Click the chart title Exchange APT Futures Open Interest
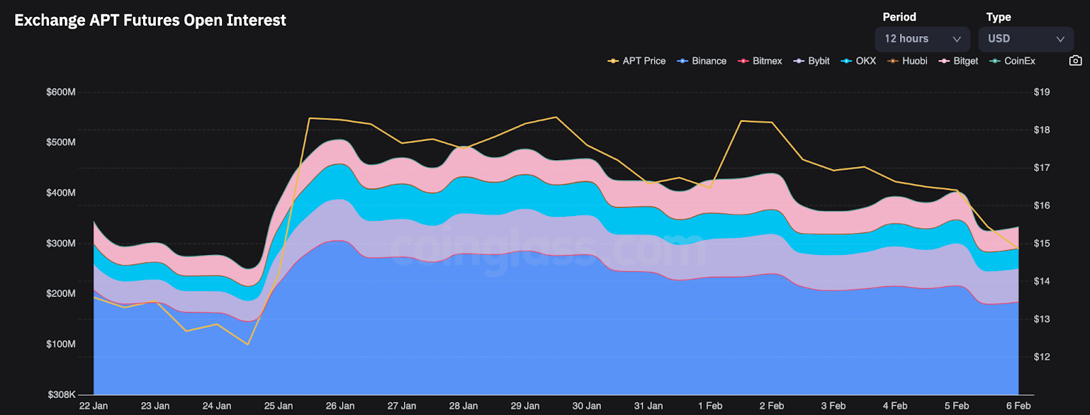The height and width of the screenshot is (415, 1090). [150, 20]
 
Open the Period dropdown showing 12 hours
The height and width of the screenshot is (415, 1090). [922, 39]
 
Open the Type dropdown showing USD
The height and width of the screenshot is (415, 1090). [1025, 39]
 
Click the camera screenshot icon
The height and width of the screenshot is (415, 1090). [1075, 61]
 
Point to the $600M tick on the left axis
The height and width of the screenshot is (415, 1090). [61, 92]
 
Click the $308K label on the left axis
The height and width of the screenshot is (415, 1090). [61, 395]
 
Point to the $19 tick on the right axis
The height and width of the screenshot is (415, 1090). [1042, 92]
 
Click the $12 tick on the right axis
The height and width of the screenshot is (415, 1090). [1042, 357]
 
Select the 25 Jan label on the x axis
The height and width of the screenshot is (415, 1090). [279, 406]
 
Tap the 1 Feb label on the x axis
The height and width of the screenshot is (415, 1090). [710, 406]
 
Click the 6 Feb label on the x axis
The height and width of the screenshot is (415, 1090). [1018, 406]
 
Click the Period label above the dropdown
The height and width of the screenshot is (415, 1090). [899, 17]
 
